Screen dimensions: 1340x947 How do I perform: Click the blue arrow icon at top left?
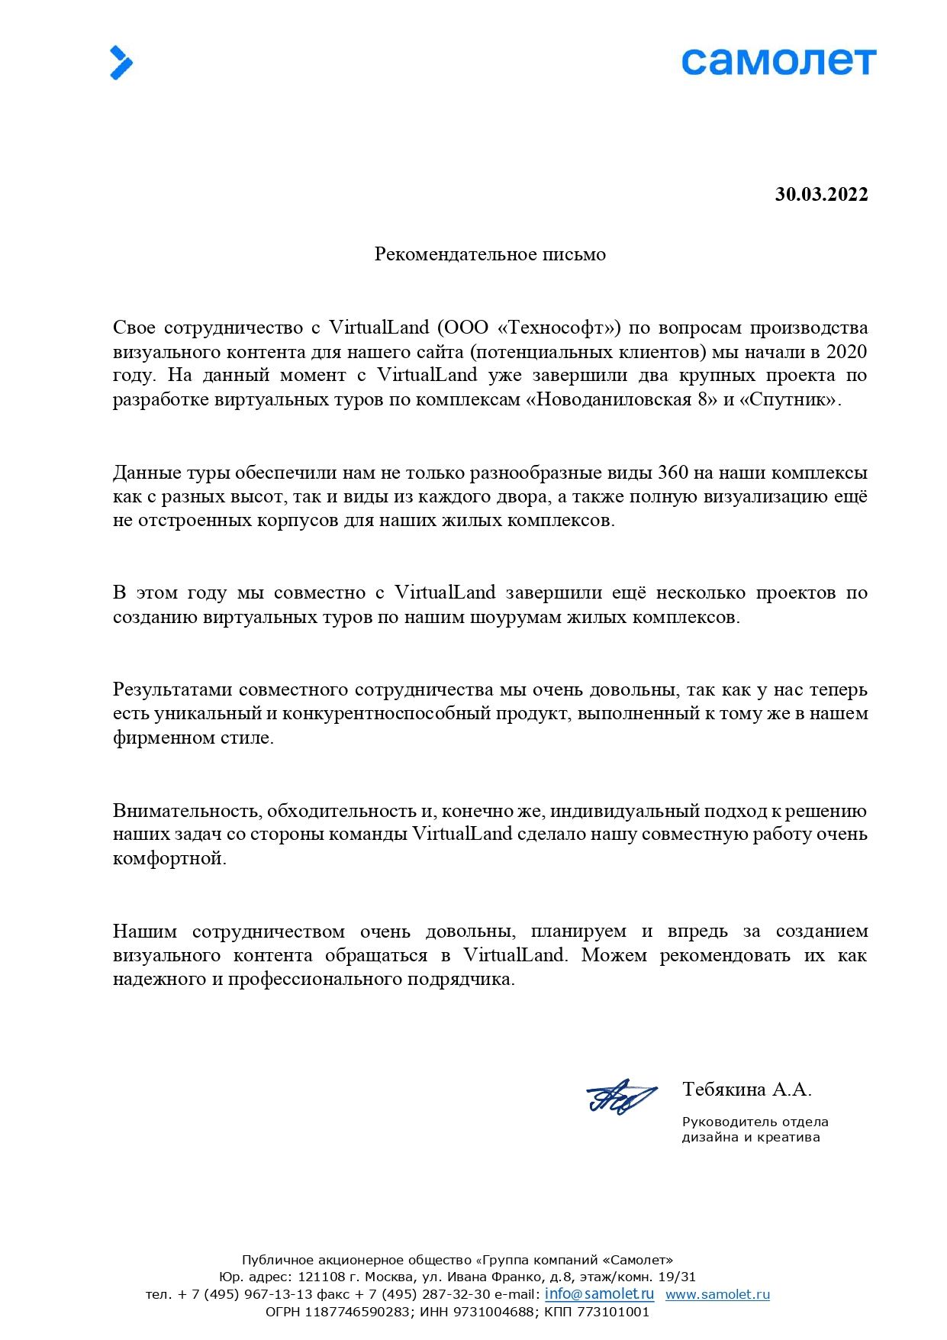click(x=121, y=63)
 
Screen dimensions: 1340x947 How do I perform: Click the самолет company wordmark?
click(x=778, y=62)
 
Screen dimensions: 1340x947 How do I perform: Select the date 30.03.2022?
click(x=821, y=195)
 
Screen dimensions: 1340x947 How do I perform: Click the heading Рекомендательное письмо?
click(x=490, y=254)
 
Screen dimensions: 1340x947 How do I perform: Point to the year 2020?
click(x=847, y=352)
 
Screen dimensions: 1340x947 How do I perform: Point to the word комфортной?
click(x=169, y=858)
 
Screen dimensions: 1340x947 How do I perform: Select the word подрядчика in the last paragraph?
click(x=467, y=980)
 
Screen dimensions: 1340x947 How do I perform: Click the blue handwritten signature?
click(x=620, y=1097)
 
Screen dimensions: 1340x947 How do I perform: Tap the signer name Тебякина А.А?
click(x=746, y=1090)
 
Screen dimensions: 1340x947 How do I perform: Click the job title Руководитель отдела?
click(x=755, y=1122)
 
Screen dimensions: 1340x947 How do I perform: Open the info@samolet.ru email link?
click(x=599, y=1293)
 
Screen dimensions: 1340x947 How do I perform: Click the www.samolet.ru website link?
click(x=717, y=1294)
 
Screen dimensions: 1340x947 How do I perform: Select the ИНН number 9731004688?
click(x=493, y=1312)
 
